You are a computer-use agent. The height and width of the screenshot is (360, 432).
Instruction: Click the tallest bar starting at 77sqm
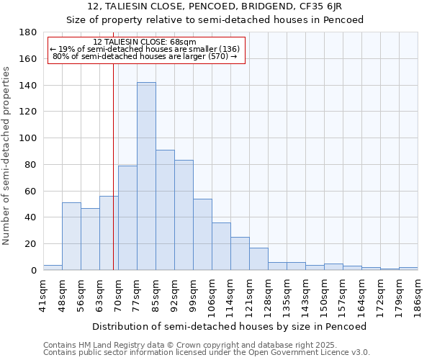(146, 176)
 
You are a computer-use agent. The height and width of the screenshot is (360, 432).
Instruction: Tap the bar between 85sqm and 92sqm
(165, 210)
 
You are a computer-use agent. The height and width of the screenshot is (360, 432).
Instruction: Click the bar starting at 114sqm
(240, 253)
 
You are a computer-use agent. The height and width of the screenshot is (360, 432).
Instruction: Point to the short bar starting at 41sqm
(53, 267)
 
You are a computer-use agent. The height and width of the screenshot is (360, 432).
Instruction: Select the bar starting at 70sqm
(127, 217)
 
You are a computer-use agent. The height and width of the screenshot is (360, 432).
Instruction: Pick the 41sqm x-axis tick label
(43, 294)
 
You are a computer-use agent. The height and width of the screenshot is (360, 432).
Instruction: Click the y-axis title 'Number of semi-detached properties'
(7, 155)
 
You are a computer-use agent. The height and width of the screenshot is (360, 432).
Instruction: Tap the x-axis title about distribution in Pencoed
(230, 326)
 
